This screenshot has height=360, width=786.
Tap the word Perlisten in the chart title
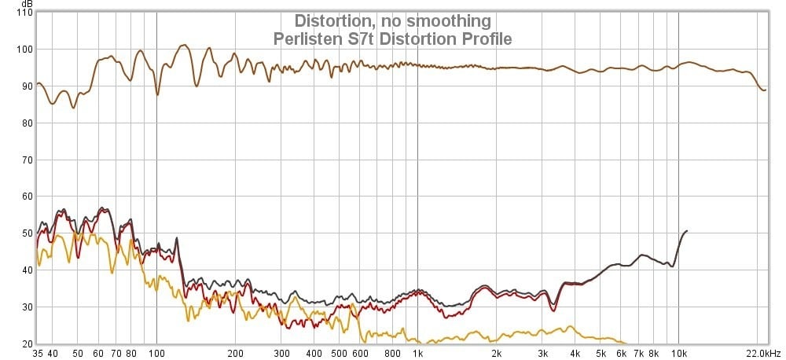tap(305, 38)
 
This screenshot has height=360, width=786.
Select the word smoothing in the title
tap(447, 20)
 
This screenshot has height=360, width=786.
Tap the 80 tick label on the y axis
tap(26, 123)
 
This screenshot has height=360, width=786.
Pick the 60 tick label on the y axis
tap(26, 197)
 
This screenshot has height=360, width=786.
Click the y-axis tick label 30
tap(26, 307)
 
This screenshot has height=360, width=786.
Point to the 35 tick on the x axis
tap(37, 354)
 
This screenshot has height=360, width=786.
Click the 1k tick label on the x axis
tap(417, 354)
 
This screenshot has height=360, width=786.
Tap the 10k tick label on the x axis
tap(679, 354)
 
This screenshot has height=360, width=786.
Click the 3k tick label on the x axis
tap(542, 354)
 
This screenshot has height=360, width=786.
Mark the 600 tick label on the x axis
tap(360, 354)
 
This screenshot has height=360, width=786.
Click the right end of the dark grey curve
tap(687, 231)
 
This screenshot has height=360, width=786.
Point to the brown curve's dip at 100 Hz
tap(157, 94)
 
